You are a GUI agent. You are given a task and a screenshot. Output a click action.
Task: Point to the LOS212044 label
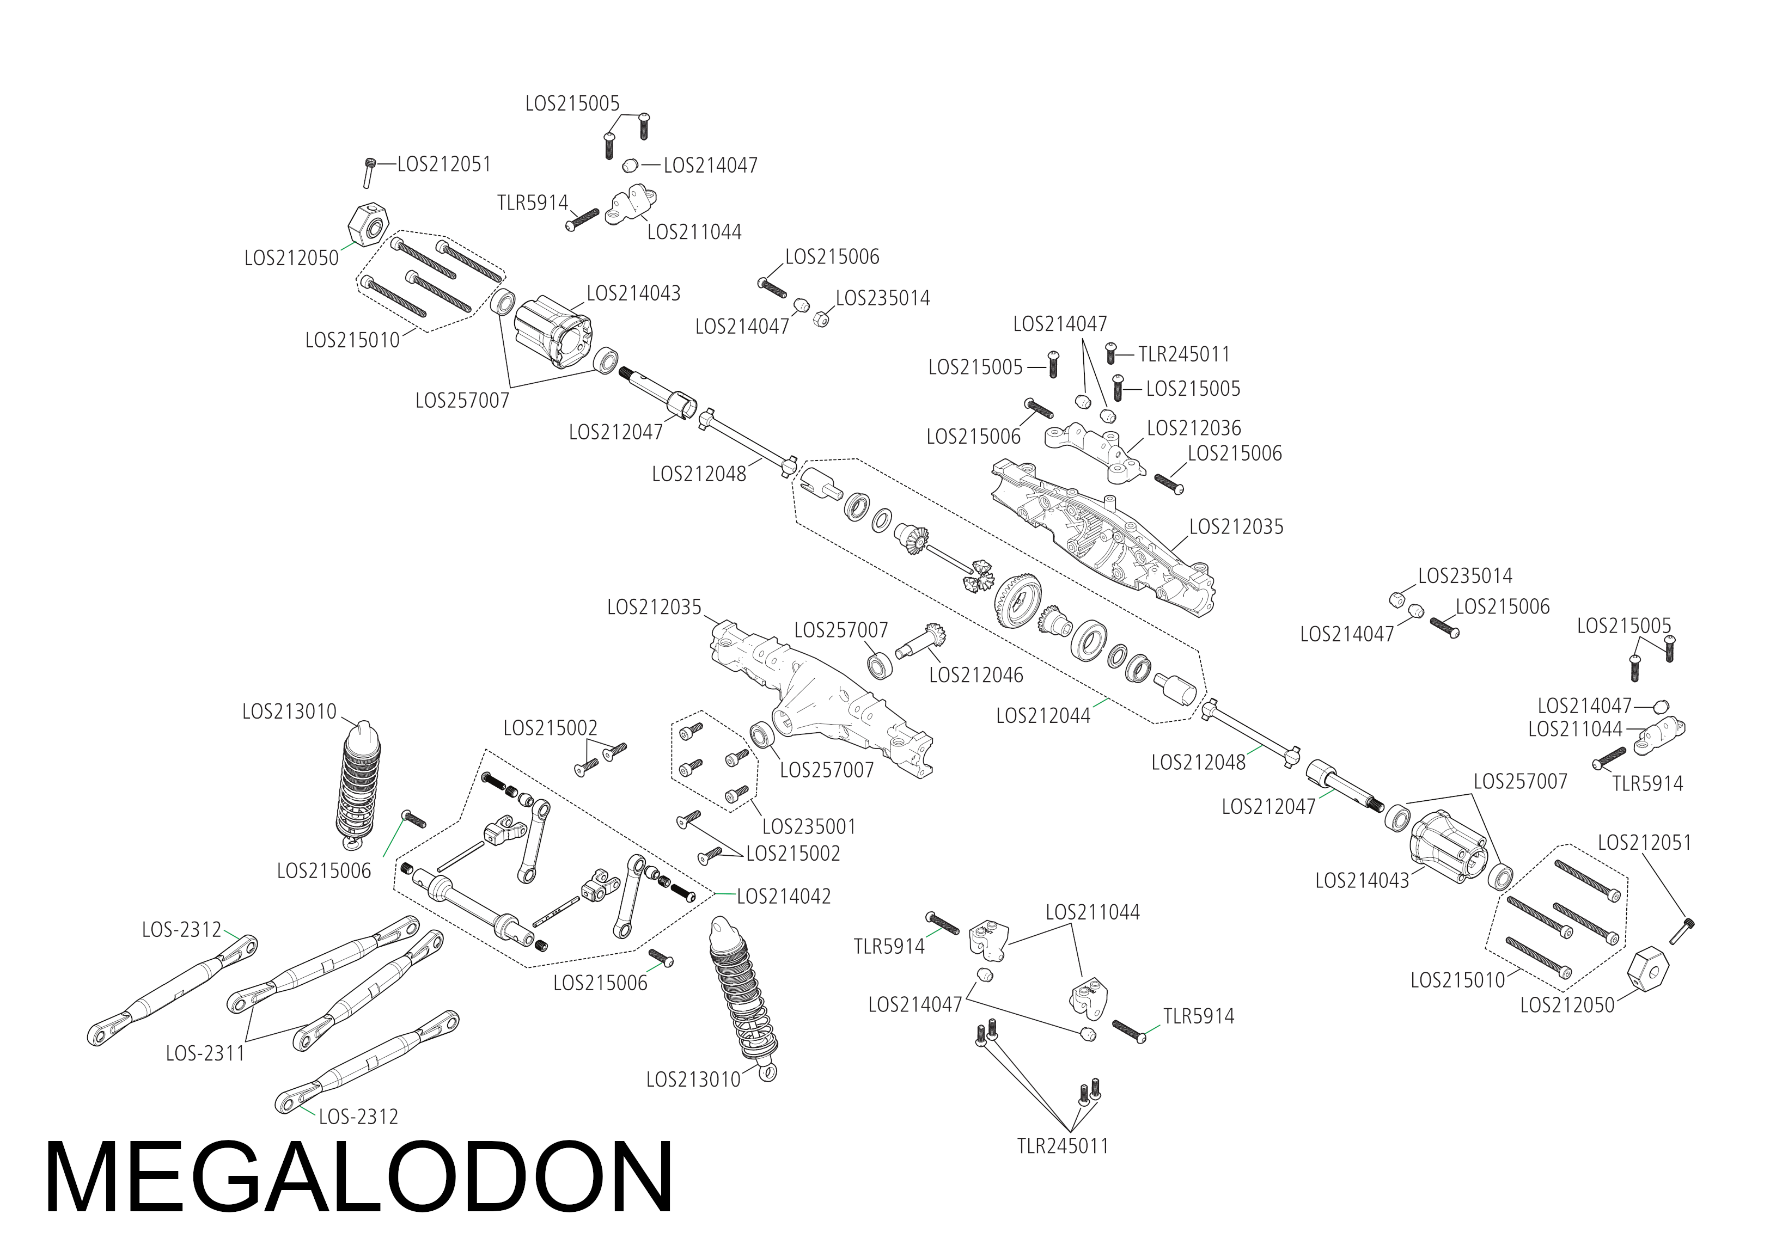pyautogui.click(x=1043, y=716)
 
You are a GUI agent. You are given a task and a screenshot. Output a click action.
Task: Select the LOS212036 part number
pyautogui.click(x=1194, y=428)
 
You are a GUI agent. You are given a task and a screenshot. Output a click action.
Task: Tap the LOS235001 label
pyautogui.click(x=809, y=827)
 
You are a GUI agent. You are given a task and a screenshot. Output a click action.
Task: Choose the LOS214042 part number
pyautogui.click(x=784, y=897)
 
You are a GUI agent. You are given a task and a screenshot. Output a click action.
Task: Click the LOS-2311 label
pyautogui.click(x=205, y=1054)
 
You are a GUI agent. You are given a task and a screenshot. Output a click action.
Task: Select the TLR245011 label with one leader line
pyautogui.click(x=1184, y=354)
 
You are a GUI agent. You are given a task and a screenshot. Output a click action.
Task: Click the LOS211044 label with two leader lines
pyautogui.click(x=1092, y=912)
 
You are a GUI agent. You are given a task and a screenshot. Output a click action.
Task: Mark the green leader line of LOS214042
pyautogui.click(x=725, y=894)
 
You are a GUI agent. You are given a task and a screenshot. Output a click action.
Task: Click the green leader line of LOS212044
pyautogui.click(x=1100, y=703)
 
